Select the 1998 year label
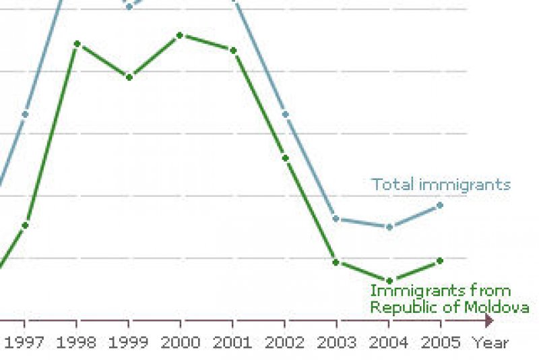(76, 342)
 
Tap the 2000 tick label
(181, 342)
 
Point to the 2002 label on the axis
(285, 342)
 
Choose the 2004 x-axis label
(389, 342)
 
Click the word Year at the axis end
(490, 342)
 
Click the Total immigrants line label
(441, 185)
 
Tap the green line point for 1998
(77, 44)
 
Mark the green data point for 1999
(129, 77)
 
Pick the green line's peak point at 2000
(181, 35)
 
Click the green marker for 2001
(233, 51)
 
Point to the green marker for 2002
(285, 158)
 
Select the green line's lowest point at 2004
(389, 280)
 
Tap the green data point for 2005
(441, 260)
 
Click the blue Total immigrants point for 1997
(25, 114)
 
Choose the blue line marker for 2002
(285, 114)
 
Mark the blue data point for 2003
(336, 219)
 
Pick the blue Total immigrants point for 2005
(441, 205)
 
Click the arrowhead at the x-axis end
(489, 321)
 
